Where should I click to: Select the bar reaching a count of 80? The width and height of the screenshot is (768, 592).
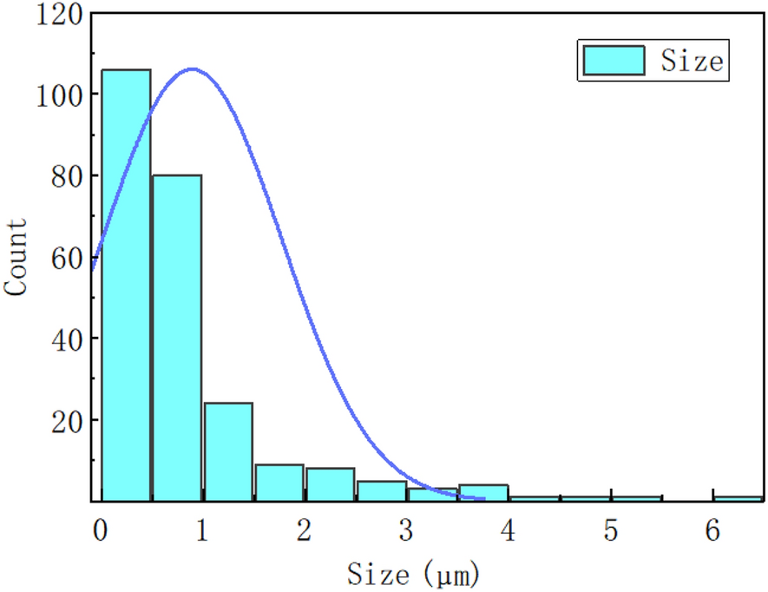[x=177, y=338]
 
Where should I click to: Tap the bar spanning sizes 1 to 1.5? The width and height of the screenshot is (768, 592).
[x=228, y=451]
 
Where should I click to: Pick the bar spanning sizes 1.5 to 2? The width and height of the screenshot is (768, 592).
[x=279, y=483]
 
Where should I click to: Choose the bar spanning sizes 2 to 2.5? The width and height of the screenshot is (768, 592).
[x=330, y=484]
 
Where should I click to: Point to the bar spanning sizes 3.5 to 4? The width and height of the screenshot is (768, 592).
[x=482, y=491]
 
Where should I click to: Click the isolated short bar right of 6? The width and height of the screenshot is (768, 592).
[x=738, y=498]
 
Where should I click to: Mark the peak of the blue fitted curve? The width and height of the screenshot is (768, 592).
[x=192, y=69]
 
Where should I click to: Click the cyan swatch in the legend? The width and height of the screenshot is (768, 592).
[x=614, y=61]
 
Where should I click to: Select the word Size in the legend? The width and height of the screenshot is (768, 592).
[x=691, y=62]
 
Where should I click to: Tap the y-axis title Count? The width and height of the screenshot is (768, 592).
[x=16, y=258]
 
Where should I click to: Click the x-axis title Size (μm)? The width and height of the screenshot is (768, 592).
[x=413, y=573]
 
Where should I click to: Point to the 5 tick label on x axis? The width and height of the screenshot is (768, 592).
[x=611, y=530]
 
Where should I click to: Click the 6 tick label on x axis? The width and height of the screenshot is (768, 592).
[x=712, y=530]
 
